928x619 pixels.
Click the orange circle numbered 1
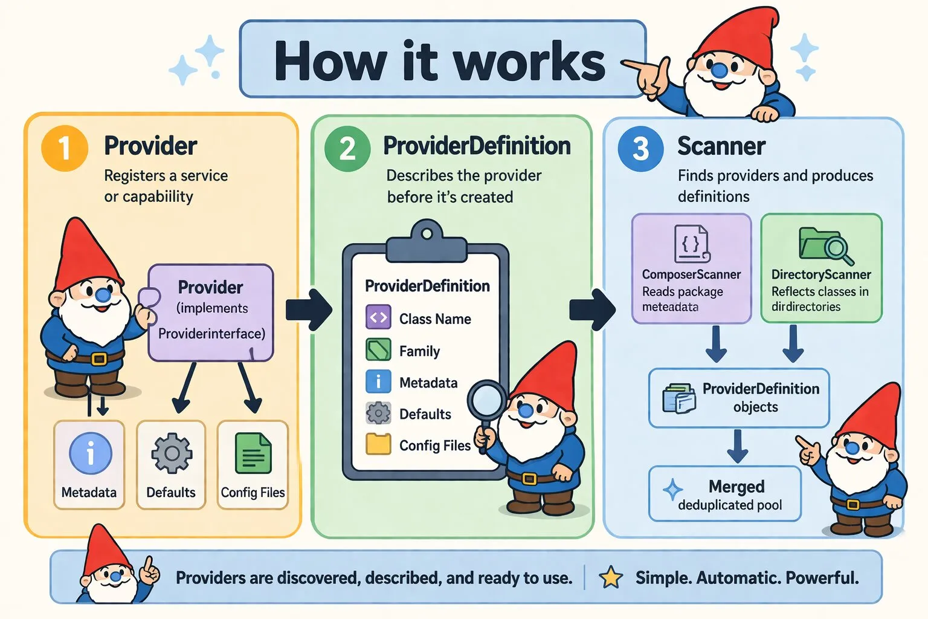click(65, 149)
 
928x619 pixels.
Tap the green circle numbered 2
click(347, 149)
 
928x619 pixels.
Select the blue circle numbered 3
click(640, 149)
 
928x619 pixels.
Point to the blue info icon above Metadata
click(90, 453)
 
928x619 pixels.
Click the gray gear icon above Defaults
click(172, 453)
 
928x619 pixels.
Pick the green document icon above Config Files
click(253, 453)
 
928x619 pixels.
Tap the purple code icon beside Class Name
click(378, 317)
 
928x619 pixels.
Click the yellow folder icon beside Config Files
click(378, 444)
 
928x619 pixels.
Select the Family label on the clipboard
click(419, 352)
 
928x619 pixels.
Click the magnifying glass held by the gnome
click(486, 410)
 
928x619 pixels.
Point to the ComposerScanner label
click(691, 274)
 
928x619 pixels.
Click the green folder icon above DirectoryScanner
click(826, 246)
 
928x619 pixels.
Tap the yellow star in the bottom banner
click(611, 577)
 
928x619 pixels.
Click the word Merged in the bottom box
click(736, 487)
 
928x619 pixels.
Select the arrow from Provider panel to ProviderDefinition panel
click(309, 309)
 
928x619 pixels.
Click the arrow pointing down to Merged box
click(738, 446)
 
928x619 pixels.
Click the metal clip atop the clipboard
click(427, 241)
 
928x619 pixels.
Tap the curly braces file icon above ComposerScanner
click(692, 244)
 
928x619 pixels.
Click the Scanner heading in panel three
click(721, 146)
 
